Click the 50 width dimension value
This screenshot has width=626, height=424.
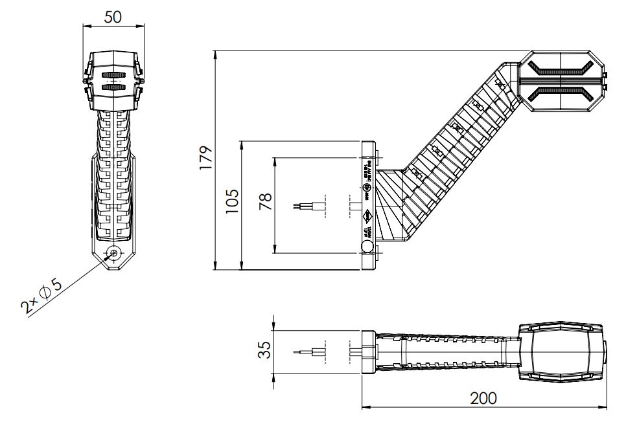(113, 17)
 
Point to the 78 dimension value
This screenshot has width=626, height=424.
(265, 202)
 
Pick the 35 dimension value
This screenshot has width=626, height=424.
(264, 350)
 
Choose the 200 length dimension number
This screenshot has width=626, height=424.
(484, 397)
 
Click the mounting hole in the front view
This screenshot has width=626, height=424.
(114, 252)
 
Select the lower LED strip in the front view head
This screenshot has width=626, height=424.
(114, 87)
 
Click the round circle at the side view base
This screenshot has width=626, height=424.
(367, 247)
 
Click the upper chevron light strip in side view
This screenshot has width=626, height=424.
(561, 69)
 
